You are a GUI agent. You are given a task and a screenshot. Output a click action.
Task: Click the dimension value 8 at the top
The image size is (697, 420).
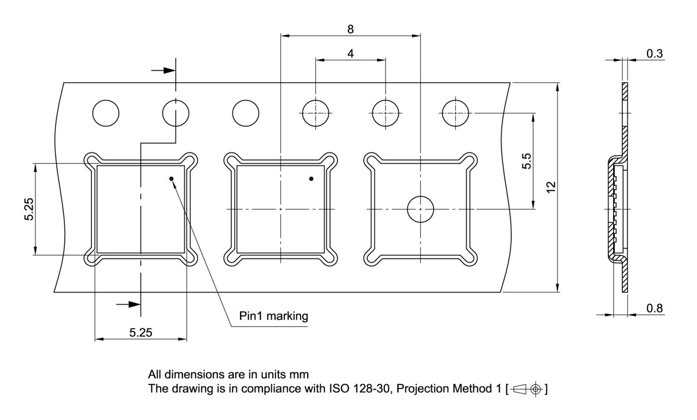350,29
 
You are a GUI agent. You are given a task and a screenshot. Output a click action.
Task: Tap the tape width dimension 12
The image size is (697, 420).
551,187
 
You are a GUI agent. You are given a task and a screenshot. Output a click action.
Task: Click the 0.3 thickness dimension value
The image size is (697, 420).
654,53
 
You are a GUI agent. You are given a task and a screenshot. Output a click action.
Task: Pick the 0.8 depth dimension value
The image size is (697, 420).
655,308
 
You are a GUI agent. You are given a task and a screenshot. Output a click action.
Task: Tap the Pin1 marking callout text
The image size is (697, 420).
273,316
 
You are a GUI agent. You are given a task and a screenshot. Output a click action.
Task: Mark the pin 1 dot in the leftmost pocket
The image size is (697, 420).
171,178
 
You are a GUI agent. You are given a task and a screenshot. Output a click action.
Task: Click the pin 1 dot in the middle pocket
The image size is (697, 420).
311,178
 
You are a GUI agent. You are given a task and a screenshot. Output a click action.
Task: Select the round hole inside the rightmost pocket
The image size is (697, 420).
420,209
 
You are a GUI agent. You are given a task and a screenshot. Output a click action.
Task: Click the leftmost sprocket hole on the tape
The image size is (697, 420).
106,114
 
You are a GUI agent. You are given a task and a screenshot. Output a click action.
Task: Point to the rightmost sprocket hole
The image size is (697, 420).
456,114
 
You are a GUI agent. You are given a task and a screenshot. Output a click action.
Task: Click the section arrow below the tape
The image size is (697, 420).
130,304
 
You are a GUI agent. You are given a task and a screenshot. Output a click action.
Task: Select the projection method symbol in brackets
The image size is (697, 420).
527,390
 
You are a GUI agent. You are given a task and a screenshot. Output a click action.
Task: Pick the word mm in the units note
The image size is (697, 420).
300,374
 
